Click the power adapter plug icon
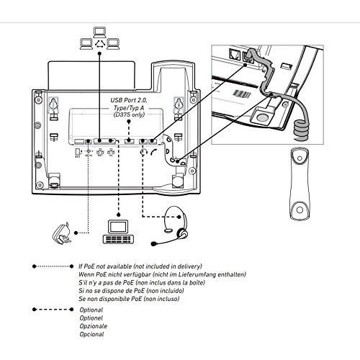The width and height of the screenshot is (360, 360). click(60, 232)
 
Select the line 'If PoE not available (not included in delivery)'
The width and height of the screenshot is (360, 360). click(140, 266)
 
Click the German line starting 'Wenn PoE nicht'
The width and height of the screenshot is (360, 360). click(162, 274)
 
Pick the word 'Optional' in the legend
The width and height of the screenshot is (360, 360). click(91, 310)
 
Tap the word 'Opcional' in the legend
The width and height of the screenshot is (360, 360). click(91, 334)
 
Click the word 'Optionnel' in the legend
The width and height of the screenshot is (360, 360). click(91, 318)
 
